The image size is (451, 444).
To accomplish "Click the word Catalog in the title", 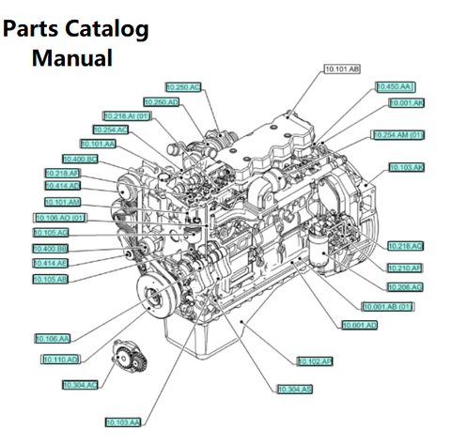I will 105,28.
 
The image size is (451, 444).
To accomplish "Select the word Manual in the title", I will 73,58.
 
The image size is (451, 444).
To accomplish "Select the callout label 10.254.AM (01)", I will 399,135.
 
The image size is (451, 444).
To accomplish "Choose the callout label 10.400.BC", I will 79,159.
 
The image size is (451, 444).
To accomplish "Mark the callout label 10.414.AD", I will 63,186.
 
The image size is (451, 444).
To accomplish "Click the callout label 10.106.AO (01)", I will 61,218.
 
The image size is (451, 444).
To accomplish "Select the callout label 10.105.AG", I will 51,232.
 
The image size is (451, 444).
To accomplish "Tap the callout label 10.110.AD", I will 60,360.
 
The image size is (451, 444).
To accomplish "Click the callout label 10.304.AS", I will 295,389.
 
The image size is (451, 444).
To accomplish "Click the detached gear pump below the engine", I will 126,358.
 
